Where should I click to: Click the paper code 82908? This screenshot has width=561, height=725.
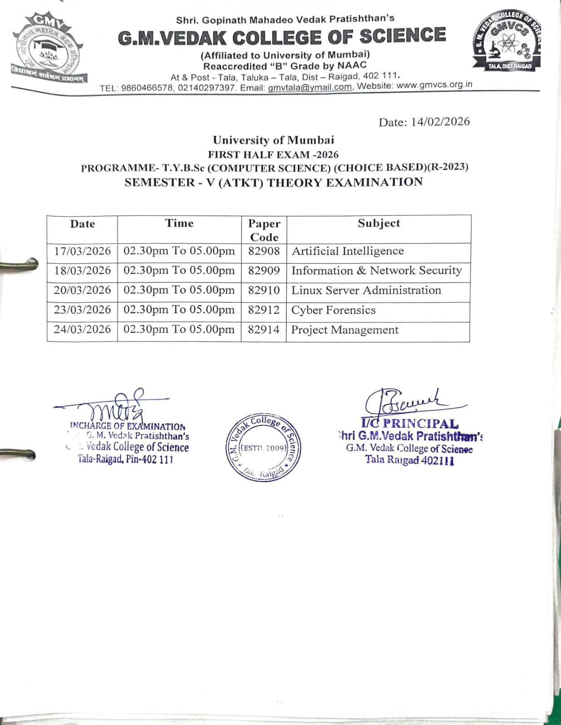pyautogui.click(x=264, y=251)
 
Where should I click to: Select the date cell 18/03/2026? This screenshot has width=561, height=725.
pyautogui.click(x=82, y=271)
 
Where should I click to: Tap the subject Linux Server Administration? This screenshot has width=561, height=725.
pyautogui.click(x=366, y=291)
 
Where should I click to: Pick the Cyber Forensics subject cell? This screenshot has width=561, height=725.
pyautogui.click(x=333, y=311)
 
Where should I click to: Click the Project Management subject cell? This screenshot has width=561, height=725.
pyautogui.click(x=344, y=330)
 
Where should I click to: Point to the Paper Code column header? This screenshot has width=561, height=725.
pyautogui.click(x=264, y=230)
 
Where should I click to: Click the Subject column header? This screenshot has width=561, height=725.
pyautogui.click(x=379, y=223)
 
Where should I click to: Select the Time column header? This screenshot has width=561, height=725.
pyautogui.click(x=179, y=223)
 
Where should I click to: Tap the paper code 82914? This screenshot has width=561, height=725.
pyautogui.click(x=264, y=330)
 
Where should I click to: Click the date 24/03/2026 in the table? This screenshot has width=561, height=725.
pyautogui.click(x=82, y=330)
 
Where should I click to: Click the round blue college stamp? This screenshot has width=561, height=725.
pyautogui.click(x=264, y=447)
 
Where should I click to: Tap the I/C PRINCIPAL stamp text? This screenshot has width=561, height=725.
pyautogui.click(x=410, y=424)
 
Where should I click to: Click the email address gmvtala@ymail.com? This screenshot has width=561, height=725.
pyautogui.click(x=310, y=87)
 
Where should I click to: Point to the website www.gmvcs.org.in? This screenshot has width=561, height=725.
pyautogui.click(x=434, y=85)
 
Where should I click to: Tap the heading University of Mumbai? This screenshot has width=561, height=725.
pyautogui.click(x=273, y=140)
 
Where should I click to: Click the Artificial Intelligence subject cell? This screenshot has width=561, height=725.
pyautogui.click(x=347, y=251)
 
